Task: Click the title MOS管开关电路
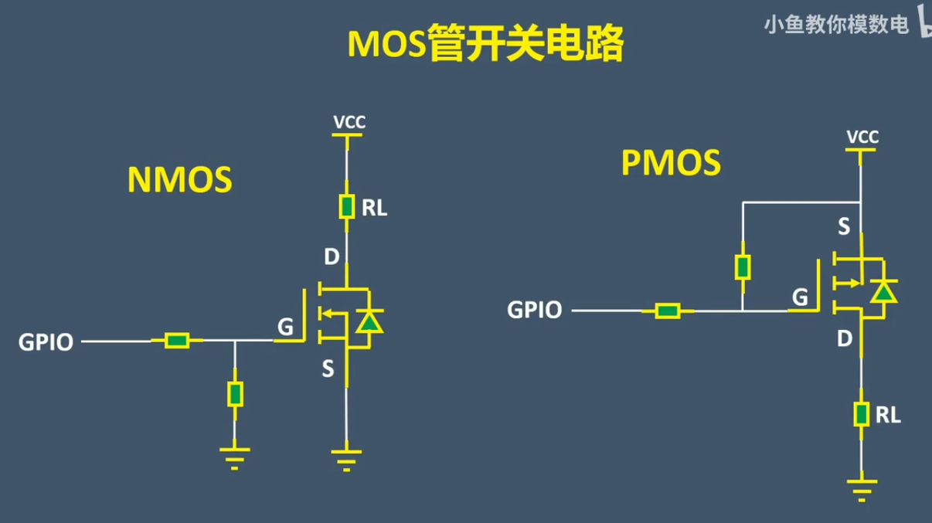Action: [x=485, y=45]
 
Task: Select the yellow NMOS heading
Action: [x=179, y=180]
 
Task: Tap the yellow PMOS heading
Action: [x=671, y=164]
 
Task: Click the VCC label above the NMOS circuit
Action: [x=349, y=122]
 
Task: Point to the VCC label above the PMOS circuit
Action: [x=862, y=138]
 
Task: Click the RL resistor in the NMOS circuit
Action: [x=347, y=207]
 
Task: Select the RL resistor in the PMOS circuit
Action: [x=861, y=414]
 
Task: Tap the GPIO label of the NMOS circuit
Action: [x=46, y=342]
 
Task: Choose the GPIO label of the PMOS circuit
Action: [x=534, y=311]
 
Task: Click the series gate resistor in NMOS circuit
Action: [x=177, y=341]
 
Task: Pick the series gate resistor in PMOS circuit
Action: [x=667, y=311]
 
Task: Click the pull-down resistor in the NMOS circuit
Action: [x=235, y=394]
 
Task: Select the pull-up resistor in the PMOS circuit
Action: [x=742, y=267]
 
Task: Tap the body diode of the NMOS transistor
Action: [x=372, y=321]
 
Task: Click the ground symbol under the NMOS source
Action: [x=346, y=460]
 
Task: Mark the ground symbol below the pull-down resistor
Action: [x=235, y=458]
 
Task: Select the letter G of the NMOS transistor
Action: [x=285, y=328]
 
